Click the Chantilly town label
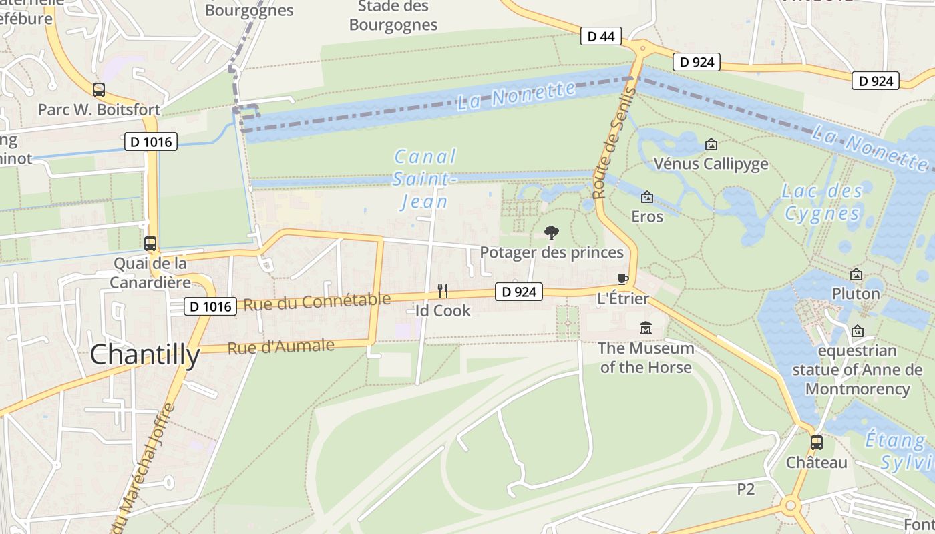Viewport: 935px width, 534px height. coord(145,355)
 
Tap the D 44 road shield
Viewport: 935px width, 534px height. coord(600,36)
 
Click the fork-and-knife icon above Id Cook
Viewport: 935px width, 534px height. coord(442,290)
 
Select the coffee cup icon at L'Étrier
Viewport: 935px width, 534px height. coord(622,279)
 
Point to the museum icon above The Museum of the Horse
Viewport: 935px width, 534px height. coord(646,328)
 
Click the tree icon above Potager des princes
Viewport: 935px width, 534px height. coord(552,233)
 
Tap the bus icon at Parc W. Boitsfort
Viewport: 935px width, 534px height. coord(99,89)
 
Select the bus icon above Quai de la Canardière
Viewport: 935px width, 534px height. coord(150,244)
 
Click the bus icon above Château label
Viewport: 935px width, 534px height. coord(816,442)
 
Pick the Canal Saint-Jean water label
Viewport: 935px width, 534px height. coord(425,179)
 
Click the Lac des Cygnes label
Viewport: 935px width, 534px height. coord(822,202)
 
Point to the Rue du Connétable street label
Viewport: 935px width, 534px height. coord(317,302)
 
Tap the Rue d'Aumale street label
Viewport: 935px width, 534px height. coord(280,347)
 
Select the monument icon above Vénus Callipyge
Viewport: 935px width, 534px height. coord(711,144)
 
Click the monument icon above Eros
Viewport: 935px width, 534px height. coord(646,198)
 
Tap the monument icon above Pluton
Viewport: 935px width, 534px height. coord(856,274)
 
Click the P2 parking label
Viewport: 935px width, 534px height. coord(746,489)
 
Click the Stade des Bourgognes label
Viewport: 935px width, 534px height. coord(393,16)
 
